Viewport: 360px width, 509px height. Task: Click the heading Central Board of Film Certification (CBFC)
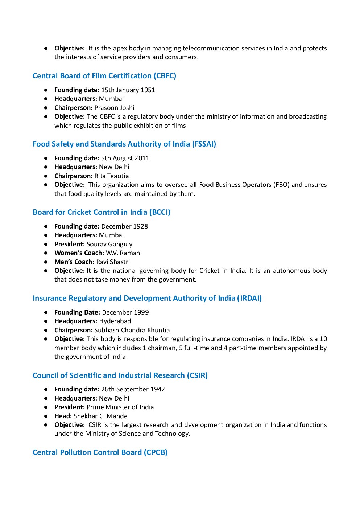[104, 76]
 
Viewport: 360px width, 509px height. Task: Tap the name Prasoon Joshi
[114, 108]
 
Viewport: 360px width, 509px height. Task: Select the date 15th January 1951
[128, 90]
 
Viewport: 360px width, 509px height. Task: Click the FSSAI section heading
[124, 144]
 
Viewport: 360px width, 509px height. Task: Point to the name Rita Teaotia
[111, 176]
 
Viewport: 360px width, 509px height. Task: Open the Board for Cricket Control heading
[102, 212]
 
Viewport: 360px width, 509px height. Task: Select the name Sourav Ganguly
[109, 244]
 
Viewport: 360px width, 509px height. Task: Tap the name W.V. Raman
[123, 253]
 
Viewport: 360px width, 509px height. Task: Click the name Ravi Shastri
[113, 262]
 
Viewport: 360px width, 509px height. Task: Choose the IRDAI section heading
[147, 298]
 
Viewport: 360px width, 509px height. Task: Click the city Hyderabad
[115, 321]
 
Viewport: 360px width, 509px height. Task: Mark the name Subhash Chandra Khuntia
[132, 330]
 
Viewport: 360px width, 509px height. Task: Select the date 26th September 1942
[133, 389]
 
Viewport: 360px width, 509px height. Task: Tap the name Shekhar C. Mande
[100, 416]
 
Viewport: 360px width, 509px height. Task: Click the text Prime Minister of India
[120, 407]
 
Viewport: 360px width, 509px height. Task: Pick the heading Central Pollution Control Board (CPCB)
[100, 452]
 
